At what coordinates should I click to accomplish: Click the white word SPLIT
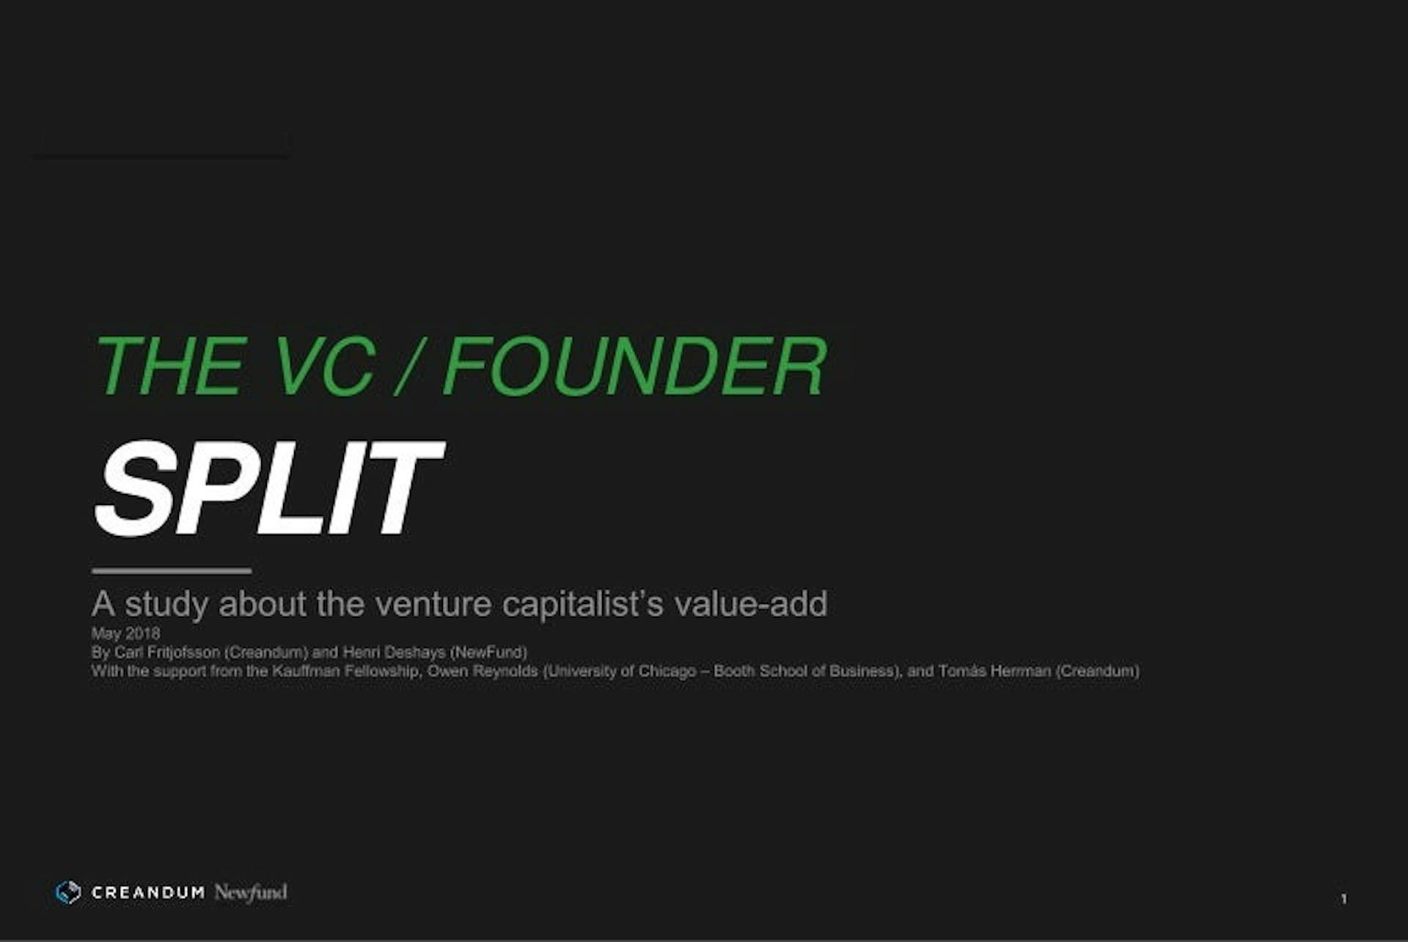268,488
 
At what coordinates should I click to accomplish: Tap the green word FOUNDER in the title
635,367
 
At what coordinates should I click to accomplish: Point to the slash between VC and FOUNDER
408,367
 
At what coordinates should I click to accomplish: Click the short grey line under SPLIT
172,570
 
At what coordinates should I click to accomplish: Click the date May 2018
125,633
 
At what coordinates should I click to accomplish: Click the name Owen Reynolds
483,671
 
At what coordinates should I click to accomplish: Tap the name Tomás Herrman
994,671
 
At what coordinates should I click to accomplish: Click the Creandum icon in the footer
68,892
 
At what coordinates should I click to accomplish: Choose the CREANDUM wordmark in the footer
148,892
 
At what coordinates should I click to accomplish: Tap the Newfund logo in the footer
251,892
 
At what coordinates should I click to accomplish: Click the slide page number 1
1343,899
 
